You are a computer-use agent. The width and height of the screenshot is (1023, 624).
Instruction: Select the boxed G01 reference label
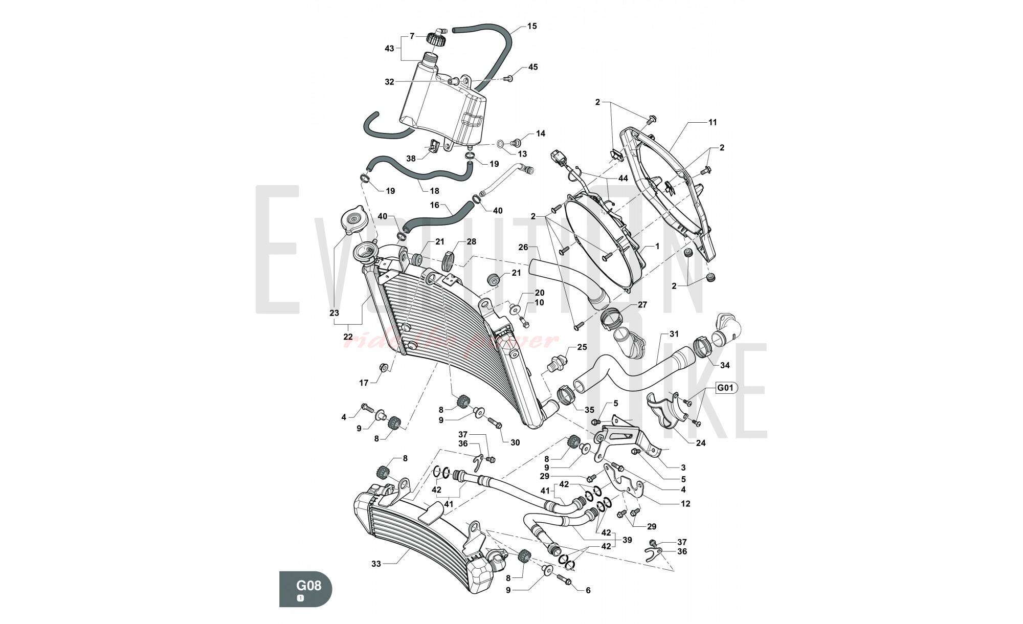coord(725,388)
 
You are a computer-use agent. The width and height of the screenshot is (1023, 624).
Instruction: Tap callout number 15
coord(532,26)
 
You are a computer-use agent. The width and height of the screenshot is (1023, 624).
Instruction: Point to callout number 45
coord(533,67)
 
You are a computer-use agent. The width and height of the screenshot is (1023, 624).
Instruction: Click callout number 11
coord(712,122)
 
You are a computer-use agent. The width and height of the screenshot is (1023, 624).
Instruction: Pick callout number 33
coord(376,564)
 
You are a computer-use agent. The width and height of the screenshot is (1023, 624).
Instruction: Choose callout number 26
coord(523,247)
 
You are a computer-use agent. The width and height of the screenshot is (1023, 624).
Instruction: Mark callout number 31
coord(674,334)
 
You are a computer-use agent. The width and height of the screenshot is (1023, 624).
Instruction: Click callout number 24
coord(700,443)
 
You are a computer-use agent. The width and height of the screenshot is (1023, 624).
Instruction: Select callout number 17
coord(364,383)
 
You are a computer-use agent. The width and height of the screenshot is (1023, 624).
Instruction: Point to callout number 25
coord(582,347)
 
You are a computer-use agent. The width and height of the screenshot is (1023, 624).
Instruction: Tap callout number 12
coord(685,504)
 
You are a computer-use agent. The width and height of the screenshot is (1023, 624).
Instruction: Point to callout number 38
coord(411,159)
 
